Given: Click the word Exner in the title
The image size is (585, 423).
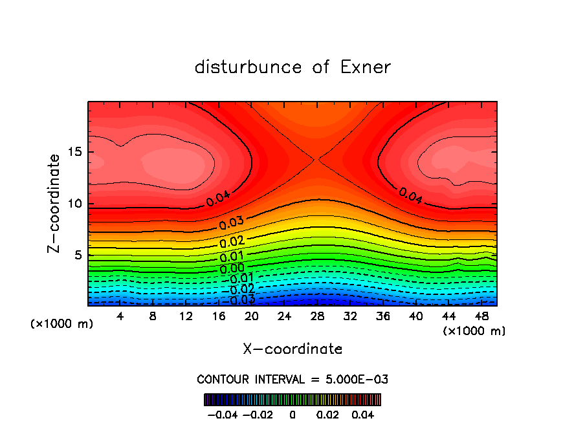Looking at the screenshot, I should pyautogui.click(x=365, y=67).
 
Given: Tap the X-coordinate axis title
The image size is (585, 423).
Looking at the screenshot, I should pyautogui.click(x=292, y=349).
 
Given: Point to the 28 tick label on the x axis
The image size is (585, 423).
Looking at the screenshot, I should pyautogui.click(x=317, y=317).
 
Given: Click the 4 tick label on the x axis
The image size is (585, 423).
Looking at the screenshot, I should pyautogui.click(x=120, y=317).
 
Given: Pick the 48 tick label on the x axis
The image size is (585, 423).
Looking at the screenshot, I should pyautogui.click(x=481, y=317).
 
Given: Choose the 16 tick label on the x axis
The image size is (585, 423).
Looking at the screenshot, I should pyautogui.click(x=219, y=317).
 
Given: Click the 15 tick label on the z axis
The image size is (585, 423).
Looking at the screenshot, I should pyautogui.click(x=75, y=153).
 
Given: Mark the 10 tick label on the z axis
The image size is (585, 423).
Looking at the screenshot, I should pyautogui.click(x=75, y=204).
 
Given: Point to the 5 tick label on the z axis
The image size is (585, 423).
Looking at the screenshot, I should pyautogui.click(x=78, y=255).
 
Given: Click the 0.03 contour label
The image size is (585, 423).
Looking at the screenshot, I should pyautogui.click(x=231, y=224).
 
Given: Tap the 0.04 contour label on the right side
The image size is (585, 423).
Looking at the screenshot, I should pyautogui.click(x=410, y=197).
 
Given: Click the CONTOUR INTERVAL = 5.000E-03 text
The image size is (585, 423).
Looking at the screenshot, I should pyautogui.click(x=292, y=379).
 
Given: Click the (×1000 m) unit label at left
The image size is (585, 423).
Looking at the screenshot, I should pyautogui.click(x=62, y=324).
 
